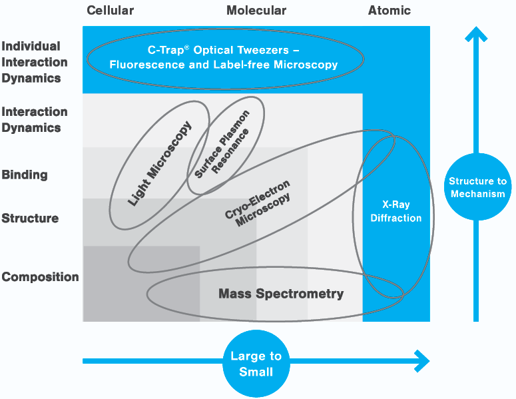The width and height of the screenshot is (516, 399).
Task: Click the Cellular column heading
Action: coord(110,11)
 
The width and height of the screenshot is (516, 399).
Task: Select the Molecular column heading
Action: coord(256,11)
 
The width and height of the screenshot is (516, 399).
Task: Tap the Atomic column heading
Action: coord(389,11)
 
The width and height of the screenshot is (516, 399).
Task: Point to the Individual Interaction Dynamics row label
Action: coord(35,62)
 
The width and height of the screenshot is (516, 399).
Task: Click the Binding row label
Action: coord(25,175)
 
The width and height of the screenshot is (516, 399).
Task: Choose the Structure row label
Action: coord(30,218)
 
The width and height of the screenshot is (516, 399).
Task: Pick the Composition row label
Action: coord(40,277)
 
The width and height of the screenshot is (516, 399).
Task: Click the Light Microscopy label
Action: coord(160,163)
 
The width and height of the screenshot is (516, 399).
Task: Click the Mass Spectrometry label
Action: coord(281,294)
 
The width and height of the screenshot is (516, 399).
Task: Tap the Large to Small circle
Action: coord(256,364)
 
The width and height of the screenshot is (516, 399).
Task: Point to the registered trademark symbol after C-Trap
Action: coord(178,47)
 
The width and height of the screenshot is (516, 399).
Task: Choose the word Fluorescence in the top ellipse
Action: coord(140,65)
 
